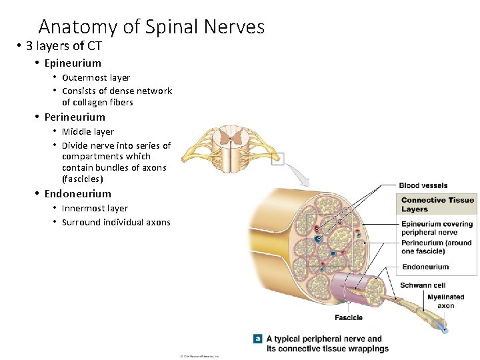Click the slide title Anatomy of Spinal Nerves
point(151,27)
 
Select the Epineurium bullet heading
point(73,63)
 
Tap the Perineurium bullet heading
point(75,117)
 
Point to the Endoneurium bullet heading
point(77,193)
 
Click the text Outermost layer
point(96,77)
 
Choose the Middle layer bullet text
point(88,131)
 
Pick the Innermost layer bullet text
point(95,208)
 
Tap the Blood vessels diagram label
point(423,185)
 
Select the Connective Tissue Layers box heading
point(437,204)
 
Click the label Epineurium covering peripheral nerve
point(437,228)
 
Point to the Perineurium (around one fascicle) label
point(436,247)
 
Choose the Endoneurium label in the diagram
point(425,267)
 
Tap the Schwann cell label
point(423,285)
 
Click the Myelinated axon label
point(445,301)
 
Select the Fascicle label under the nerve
point(349,317)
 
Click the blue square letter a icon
point(258,339)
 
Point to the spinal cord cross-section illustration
point(234,148)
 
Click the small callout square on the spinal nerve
point(278,159)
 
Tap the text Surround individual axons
point(116,222)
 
